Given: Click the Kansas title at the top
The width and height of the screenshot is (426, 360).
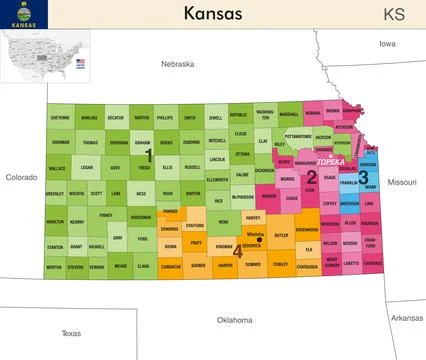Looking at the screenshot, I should (x=212, y=13).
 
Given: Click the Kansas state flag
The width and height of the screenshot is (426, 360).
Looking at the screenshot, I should (x=19, y=14).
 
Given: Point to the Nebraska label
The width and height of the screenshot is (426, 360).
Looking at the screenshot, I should (x=177, y=64).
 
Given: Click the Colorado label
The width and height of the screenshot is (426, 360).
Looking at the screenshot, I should (x=21, y=177).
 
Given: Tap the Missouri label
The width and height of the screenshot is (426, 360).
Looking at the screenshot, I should (x=402, y=182).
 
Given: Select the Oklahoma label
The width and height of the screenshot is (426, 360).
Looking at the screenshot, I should (x=235, y=320).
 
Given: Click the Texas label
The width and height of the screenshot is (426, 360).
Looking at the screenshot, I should (x=71, y=333).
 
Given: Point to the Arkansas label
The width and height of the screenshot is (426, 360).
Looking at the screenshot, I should (x=406, y=318).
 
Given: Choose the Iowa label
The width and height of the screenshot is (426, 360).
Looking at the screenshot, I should (x=387, y=44).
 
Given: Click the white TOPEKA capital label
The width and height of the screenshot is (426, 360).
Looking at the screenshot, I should (x=329, y=160).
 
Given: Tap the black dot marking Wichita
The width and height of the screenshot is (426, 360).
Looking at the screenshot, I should (x=260, y=239).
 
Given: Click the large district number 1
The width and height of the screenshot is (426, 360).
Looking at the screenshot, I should (x=149, y=155).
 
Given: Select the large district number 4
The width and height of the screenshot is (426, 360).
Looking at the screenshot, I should (x=237, y=250).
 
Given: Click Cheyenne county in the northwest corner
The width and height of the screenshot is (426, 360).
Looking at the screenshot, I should (x=60, y=118).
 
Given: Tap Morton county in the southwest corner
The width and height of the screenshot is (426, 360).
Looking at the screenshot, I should (x=54, y=267).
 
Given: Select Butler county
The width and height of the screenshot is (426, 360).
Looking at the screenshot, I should (x=281, y=235).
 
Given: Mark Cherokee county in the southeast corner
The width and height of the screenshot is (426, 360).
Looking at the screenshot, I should (x=372, y=264).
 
